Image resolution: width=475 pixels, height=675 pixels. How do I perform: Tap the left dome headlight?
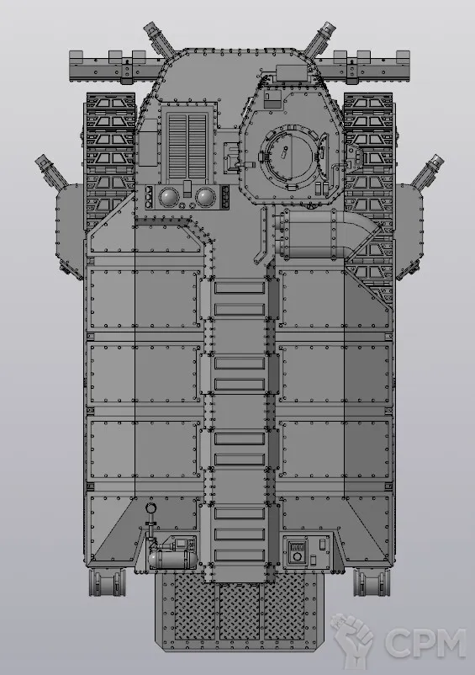click(x=168, y=197)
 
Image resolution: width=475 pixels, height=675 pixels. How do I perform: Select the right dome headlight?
click(x=205, y=197)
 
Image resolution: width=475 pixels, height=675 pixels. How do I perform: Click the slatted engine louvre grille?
click(x=187, y=146)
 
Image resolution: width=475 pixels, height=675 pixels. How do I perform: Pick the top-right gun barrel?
click(x=320, y=40)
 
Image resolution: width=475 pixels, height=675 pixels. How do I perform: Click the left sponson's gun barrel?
click(x=51, y=171)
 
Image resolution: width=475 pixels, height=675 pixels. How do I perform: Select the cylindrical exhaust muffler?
click(x=309, y=235)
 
